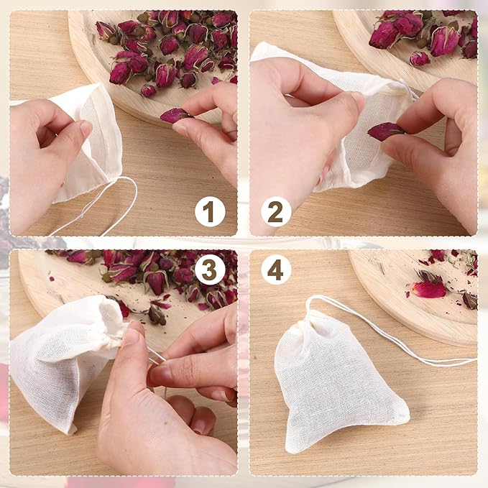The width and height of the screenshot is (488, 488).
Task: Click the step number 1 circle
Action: [x=210, y=213]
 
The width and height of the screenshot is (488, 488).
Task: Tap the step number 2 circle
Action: [x=276, y=213]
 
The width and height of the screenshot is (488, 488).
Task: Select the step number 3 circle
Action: [x=210, y=270]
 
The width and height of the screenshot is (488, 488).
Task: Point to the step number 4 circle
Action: [x=276, y=270]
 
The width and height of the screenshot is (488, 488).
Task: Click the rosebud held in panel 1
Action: [x=175, y=114]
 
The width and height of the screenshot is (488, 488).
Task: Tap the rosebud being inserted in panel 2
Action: [x=385, y=131]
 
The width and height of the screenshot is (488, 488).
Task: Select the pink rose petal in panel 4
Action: [x=429, y=289]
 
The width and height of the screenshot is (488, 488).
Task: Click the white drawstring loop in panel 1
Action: [x=115, y=208]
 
